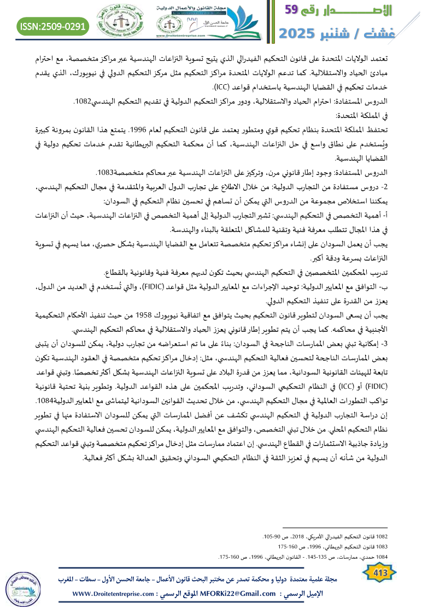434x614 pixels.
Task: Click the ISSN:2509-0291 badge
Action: pyautogui.click(x=53, y=26)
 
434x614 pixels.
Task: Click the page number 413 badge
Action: pyautogui.click(x=379, y=572)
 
